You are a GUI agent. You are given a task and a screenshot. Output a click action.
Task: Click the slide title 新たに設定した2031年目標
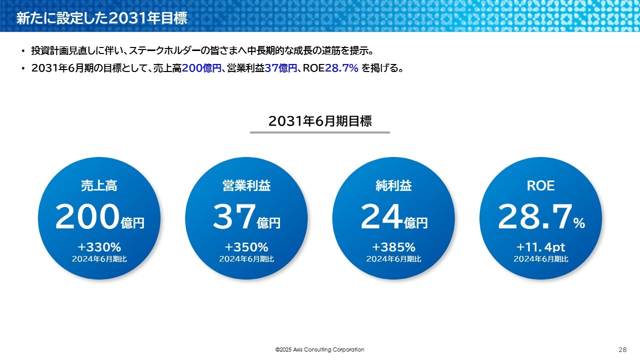coord(101,18)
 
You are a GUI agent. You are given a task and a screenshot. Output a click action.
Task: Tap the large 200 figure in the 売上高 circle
coord(87,216)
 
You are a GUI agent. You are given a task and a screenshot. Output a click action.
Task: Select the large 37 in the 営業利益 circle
coord(234,216)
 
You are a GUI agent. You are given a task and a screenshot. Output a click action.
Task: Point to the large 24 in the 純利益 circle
coord(381,216)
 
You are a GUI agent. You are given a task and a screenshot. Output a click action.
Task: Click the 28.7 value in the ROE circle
coord(535,216)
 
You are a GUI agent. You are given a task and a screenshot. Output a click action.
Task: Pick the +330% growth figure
coord(99,247)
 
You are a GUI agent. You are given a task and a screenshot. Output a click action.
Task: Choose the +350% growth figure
coord(246,247)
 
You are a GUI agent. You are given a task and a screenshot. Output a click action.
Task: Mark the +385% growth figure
coord(393,247)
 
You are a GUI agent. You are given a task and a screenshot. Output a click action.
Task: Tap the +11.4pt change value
coord(540,247)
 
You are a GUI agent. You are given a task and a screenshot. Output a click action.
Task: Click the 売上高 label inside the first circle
coord(99,185)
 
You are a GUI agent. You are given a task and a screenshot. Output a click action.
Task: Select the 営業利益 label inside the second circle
coord(246,185)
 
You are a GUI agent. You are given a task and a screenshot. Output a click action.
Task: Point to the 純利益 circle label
coord(393,185)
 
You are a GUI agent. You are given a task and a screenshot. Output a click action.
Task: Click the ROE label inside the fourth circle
coord(540,185)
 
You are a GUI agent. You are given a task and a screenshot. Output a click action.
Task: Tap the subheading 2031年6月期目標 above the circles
coord(320,121)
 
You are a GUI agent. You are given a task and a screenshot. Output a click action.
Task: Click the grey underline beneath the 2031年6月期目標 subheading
coord(320,132)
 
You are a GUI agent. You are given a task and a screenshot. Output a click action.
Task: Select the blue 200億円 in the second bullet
coord(201,68)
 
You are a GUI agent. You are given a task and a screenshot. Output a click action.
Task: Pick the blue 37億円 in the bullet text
coord(281,68)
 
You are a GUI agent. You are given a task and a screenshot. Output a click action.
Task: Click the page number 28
coord(622,349)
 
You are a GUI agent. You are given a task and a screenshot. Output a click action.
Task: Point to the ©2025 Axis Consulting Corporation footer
coord(319,349)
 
